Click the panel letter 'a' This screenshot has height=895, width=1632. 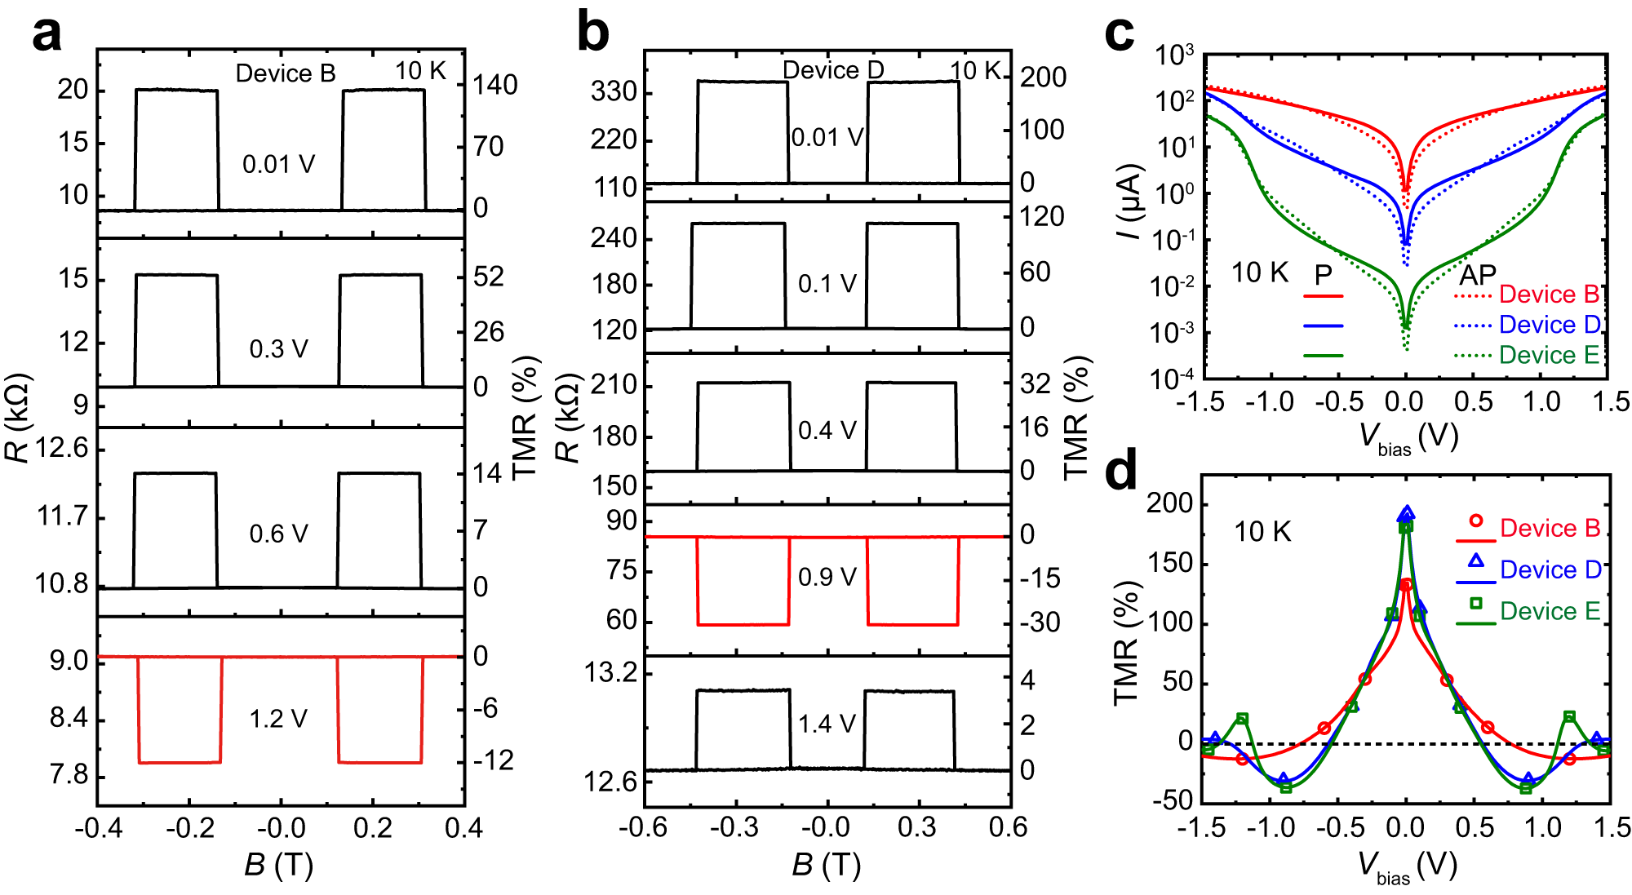point(47,34)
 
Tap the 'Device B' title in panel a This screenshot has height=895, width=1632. point(286,73)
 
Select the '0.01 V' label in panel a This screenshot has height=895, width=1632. point(278,165)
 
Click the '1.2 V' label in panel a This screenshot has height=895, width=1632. point(278,719)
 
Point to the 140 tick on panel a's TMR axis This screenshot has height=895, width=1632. point(494,85)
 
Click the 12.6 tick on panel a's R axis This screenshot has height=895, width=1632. point(61,448)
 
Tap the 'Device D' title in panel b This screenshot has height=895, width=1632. point(833,70)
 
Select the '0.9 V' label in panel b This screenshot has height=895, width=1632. point(827,577)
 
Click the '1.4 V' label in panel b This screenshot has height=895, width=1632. point(827,724)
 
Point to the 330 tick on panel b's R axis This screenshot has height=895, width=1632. point(614,92)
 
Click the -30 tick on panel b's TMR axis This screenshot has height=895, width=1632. point(1040,623)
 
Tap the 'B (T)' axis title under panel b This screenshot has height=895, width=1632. point(826,865)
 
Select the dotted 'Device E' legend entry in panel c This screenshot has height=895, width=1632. point(1526,355)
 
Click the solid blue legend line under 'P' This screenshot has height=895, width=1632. point(1323,326)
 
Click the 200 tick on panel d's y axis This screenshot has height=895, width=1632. point(1169,503)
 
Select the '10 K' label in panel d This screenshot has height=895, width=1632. point(1262,532)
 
